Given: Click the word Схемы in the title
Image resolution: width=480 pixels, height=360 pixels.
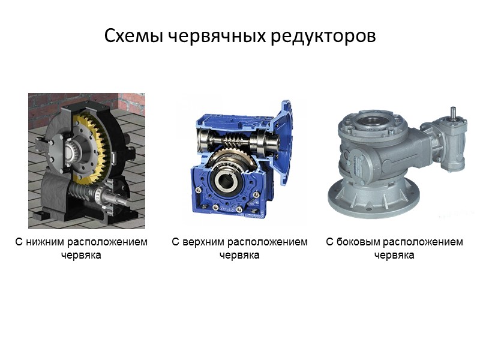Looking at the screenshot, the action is coord(134,36).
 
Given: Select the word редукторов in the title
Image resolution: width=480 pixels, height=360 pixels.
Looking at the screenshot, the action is coord(323,36).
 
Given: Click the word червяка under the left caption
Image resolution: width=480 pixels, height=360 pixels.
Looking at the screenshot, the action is coord(81,255).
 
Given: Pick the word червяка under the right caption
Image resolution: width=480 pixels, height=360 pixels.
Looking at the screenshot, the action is coord(394,255).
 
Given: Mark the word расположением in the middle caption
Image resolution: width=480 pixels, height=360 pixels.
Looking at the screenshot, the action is coord(268,242).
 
